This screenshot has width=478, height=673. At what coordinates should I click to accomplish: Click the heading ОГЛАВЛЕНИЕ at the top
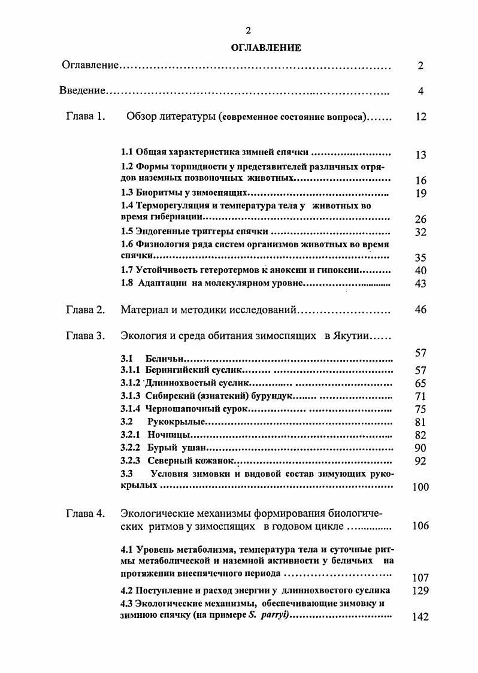tap(265, 48)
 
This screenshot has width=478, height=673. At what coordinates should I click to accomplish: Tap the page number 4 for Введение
tap(420, 91)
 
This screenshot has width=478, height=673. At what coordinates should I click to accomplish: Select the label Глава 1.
tap(86, 117)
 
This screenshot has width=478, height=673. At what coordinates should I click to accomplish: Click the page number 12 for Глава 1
tap(420, 117)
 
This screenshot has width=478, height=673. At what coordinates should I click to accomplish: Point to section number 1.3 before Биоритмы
tap(126, 193)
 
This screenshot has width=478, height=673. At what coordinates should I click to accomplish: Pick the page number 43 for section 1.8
tap(420, 284)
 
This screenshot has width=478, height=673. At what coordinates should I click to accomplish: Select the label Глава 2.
tap(86, 310)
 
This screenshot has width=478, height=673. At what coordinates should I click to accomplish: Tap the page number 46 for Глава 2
tap(420, 310)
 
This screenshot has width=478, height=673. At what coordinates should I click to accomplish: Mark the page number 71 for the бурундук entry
tap(420, 396)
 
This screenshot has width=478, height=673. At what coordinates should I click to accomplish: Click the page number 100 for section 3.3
tap(420, 487)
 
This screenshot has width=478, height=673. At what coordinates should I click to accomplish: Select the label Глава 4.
tap(86, 513)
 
